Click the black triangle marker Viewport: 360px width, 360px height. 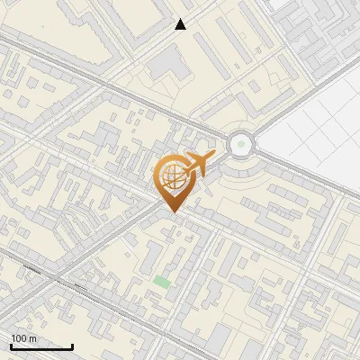[181, 24]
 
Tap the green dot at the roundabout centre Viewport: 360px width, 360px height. [241, 143]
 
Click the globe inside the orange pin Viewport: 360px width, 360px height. [171, 177]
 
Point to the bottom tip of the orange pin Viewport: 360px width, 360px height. [171, 212]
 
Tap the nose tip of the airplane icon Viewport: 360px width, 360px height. [215, 156]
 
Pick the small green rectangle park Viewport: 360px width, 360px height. [161, 282]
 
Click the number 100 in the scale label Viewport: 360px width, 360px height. [20, 338]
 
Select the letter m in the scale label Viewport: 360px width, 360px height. [32, 338]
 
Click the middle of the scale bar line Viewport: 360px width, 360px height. [41, 346]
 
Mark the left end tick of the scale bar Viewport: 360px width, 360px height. [11, 346]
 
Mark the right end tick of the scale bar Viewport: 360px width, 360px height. [72, 346]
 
